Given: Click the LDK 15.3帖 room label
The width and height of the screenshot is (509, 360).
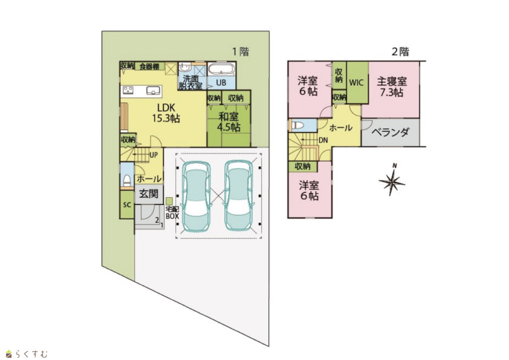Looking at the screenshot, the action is coord(166,113).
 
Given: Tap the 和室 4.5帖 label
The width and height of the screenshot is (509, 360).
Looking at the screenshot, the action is coord(229,122).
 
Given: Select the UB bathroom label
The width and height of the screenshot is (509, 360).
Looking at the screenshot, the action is coord(221,82).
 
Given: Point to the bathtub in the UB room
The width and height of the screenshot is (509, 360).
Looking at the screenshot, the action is coord(221,69).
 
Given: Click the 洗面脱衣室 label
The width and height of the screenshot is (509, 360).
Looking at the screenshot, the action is coord(190,82).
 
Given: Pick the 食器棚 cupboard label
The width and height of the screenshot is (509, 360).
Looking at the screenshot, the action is coord(149,67).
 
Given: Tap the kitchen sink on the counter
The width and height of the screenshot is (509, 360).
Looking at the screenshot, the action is coord(152,90).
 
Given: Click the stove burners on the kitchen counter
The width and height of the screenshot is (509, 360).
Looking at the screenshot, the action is coord(128,90).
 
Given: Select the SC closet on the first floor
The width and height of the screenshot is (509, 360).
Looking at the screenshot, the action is coord(127,205).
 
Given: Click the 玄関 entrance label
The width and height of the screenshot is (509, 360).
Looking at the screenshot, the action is coord(149,194).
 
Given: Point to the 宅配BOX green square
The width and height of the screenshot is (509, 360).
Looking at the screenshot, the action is coord(169,201).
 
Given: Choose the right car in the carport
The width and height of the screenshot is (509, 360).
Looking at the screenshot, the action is coord(239,195).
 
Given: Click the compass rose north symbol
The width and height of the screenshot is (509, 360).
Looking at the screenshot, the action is coord(392,181).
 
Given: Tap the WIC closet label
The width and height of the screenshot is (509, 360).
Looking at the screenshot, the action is coord(356,82).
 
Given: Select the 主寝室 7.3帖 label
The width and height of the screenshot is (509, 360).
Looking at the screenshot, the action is coord(392,87).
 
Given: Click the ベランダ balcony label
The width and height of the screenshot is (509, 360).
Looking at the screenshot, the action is coord(390,133).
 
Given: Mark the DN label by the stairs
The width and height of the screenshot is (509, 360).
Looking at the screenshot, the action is coord(323,140).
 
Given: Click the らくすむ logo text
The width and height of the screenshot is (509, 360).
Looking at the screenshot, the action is coord(31,353).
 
